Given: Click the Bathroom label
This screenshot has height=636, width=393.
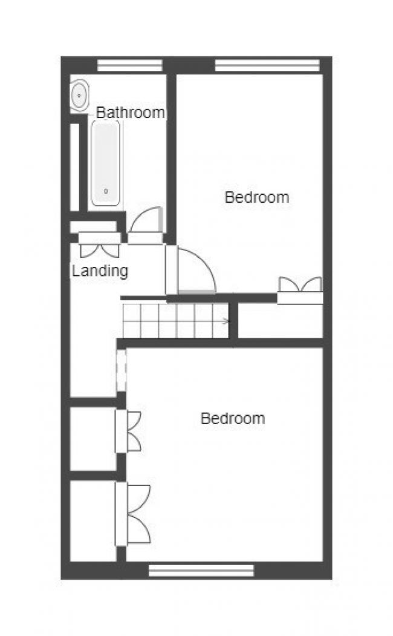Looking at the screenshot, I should pyautogui.click(x=131, y=113).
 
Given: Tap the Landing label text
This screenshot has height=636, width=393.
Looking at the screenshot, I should pyautogui.click(x=100, y=270).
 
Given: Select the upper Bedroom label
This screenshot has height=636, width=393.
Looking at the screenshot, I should pyautogui.click(x=256, y=197).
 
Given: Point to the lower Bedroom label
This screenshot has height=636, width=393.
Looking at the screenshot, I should pyautogui.click(x=233, y=418).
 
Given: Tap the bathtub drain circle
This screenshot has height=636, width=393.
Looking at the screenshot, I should pyautogui.click(x=106, y=191).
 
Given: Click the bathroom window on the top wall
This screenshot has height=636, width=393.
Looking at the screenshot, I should pyautogui.click(x=130, y=65).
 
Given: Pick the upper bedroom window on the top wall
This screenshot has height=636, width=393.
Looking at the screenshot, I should pyautogui.click(x=267, y=65).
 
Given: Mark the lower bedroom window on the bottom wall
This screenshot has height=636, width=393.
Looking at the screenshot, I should pyautogui.click(x=201, y=570).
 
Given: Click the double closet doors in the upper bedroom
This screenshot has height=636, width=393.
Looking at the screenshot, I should pyautogui.click(x=300, y=286).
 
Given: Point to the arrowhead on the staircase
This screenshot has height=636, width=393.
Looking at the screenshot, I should pyautogui.click(x=226, y=321).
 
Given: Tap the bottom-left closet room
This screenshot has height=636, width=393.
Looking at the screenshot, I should pyautogui.click(x=93, y=520).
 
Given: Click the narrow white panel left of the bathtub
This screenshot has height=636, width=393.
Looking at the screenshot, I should pyautogui.click(x=75, y=167).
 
